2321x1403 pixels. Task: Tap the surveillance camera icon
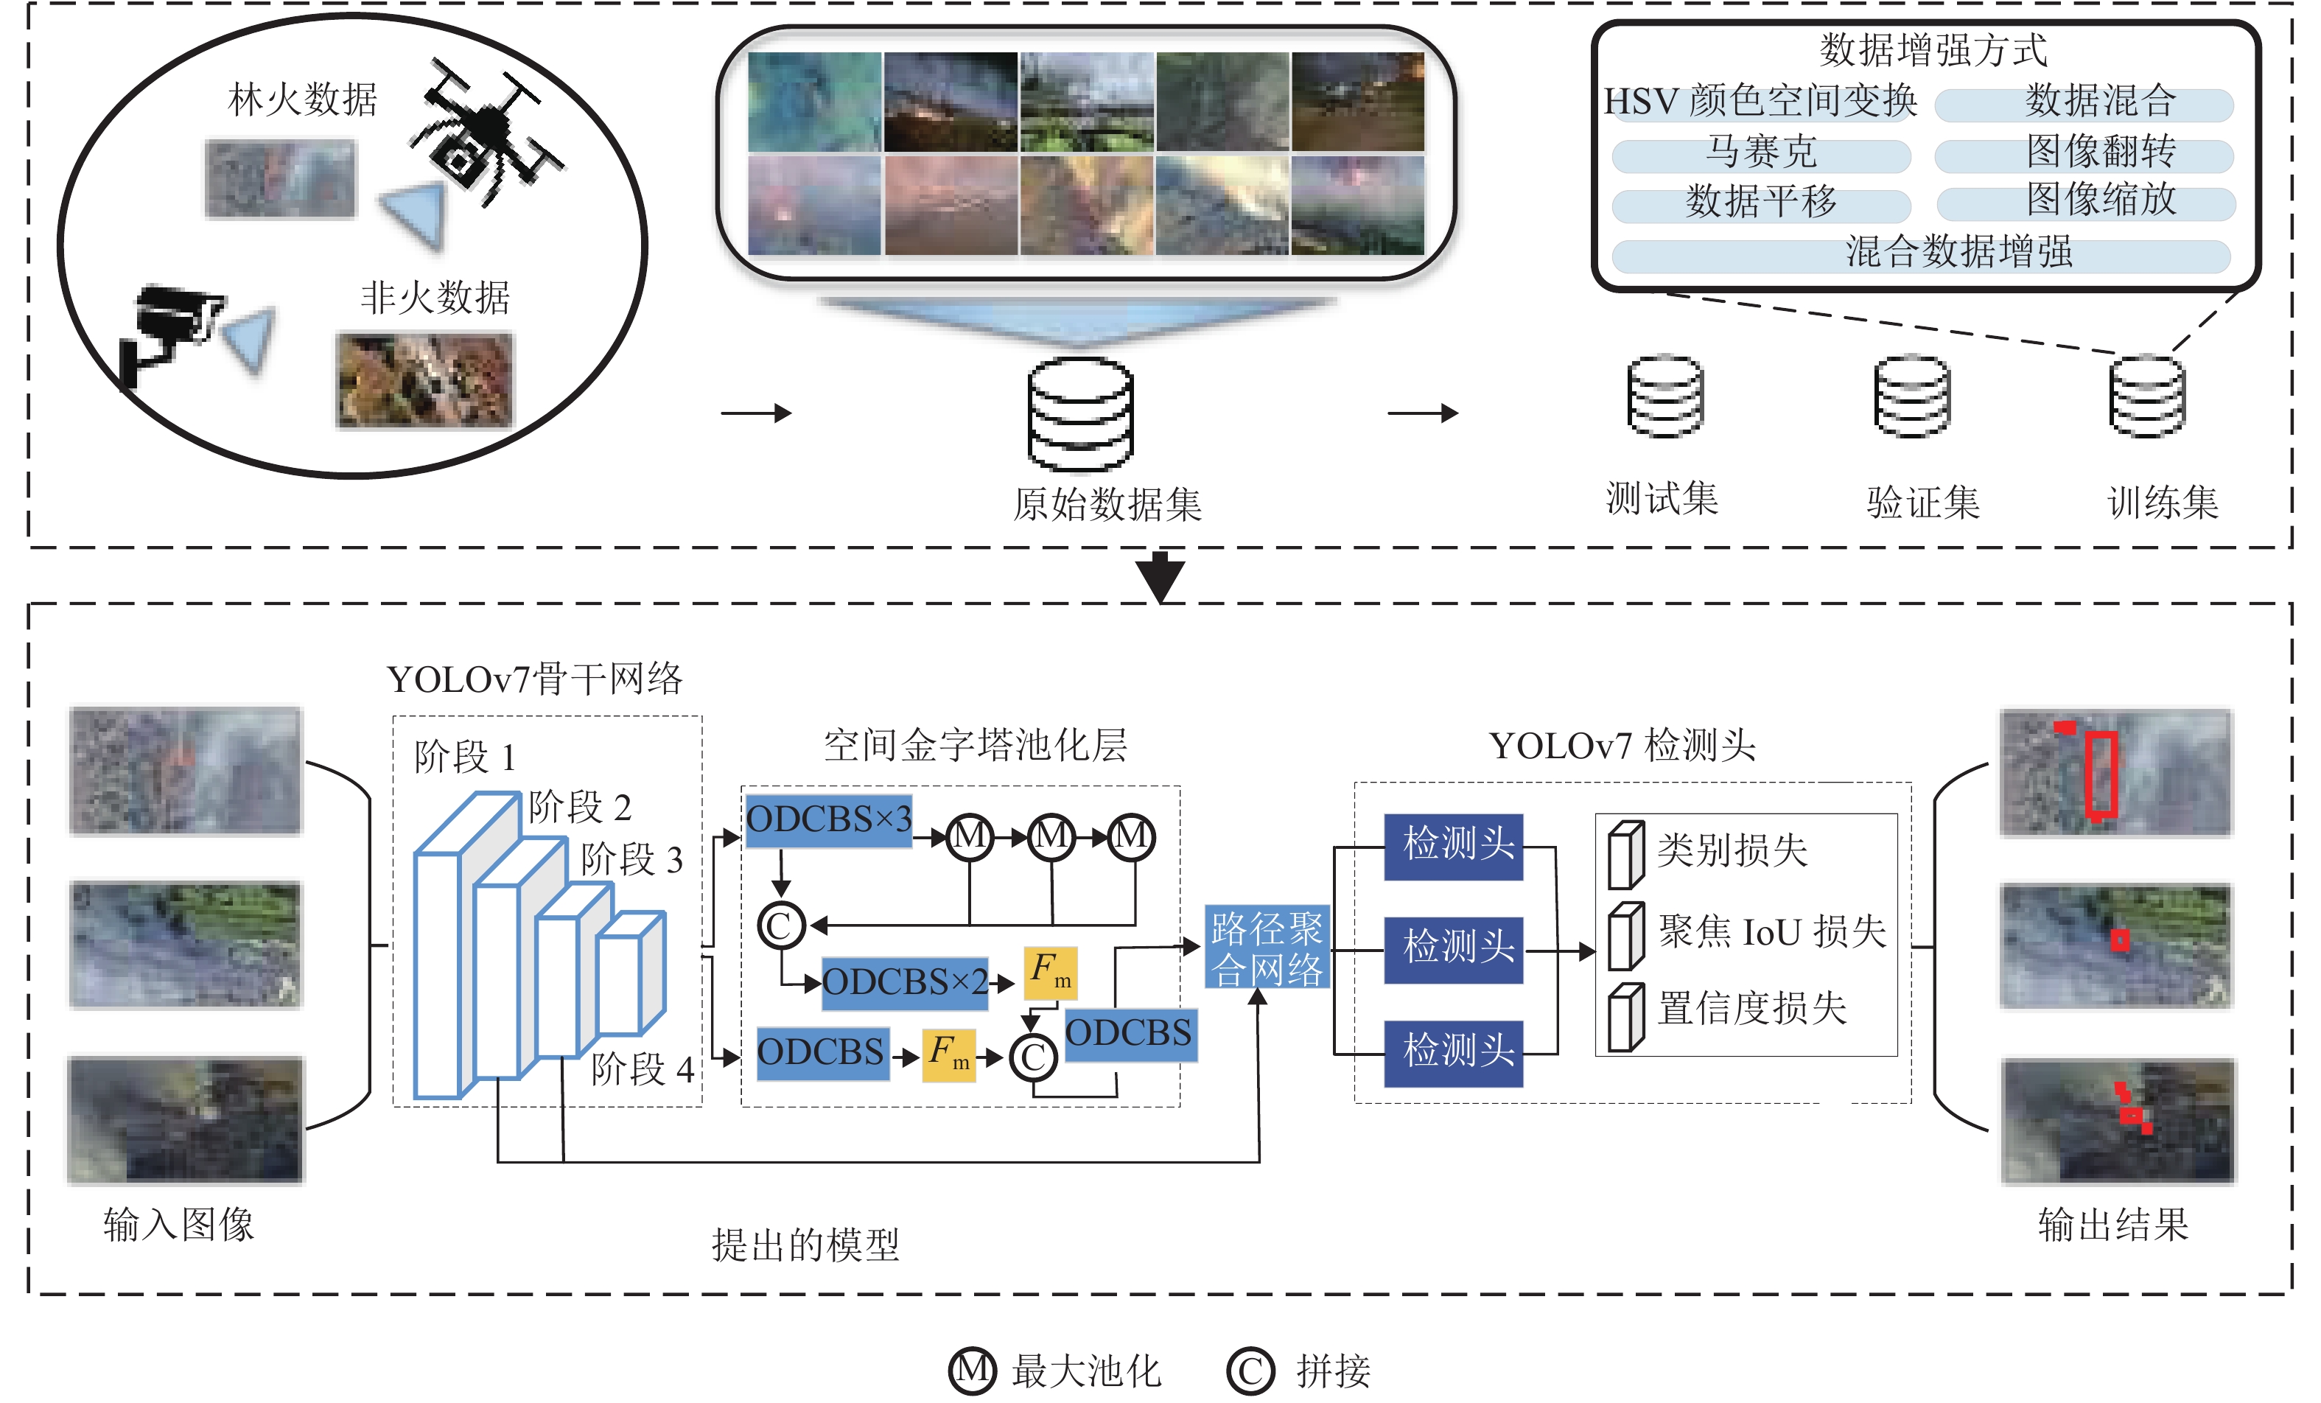tap(169, 330)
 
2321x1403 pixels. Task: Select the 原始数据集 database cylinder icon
tap(1080, 415)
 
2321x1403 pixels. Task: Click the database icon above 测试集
tap(1664, 396)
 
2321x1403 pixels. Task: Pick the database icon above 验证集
tap(1912, 396)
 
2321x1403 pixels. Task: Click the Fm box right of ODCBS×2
tap(1050, 973)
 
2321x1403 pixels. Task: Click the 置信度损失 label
tap(1752, 1008)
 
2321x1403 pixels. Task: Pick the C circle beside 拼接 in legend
tap(1250, 1371)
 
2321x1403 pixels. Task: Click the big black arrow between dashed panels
tap(1160, 575)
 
